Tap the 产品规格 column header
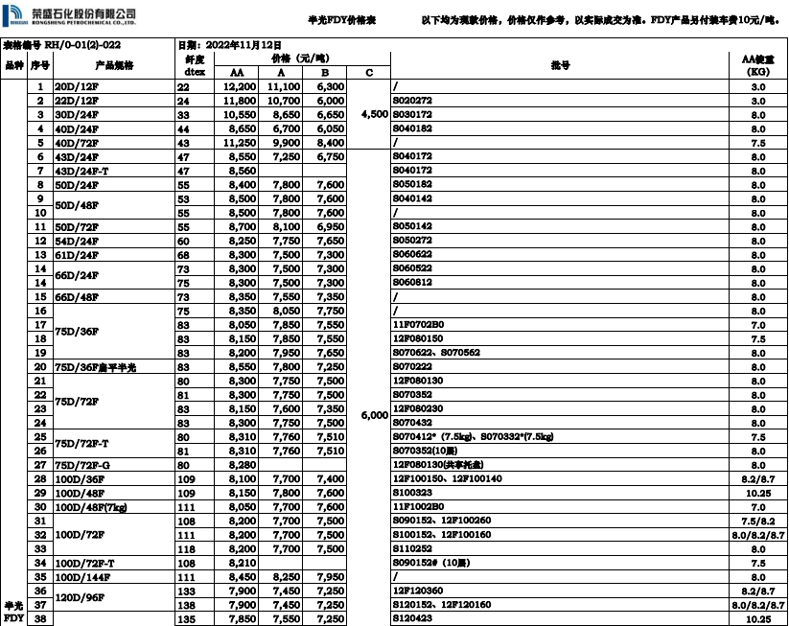[114, 64]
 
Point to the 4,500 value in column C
[374, 114]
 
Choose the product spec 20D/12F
[76, 86]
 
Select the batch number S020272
[412, 100]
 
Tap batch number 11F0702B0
[418, 324]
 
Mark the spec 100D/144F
[81, 577]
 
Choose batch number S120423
[412, 619]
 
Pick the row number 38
[40, 619]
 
